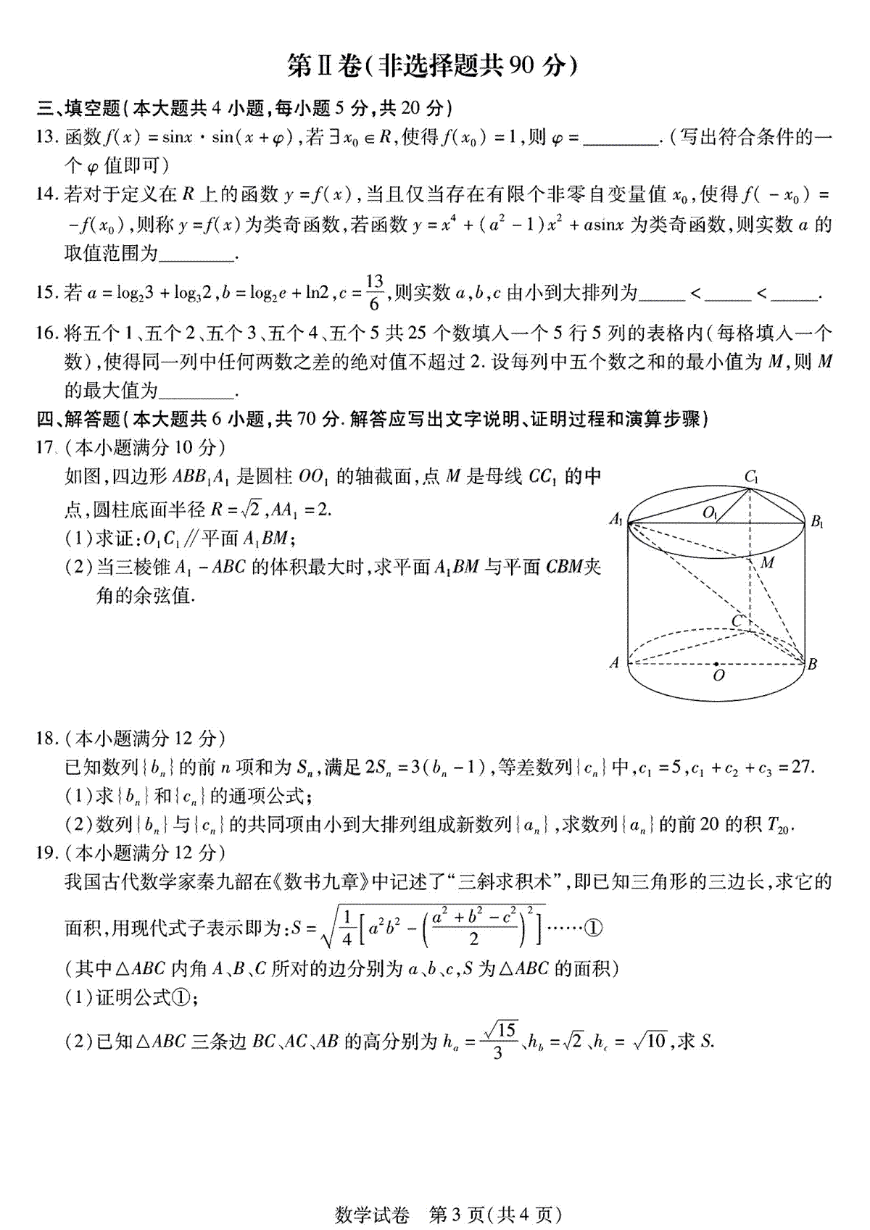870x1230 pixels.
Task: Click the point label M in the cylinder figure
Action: [768, 562]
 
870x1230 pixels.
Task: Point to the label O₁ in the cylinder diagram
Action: [710, 512]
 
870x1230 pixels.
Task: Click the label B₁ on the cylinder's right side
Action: [816, 520]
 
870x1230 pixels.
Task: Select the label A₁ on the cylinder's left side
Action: [616, 519]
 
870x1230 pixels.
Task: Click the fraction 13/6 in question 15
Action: [374, 292]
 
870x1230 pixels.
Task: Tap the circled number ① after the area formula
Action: [593, 928]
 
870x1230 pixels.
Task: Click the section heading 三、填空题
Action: [78, 108]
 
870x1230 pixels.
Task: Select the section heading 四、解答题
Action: [78, 419]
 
